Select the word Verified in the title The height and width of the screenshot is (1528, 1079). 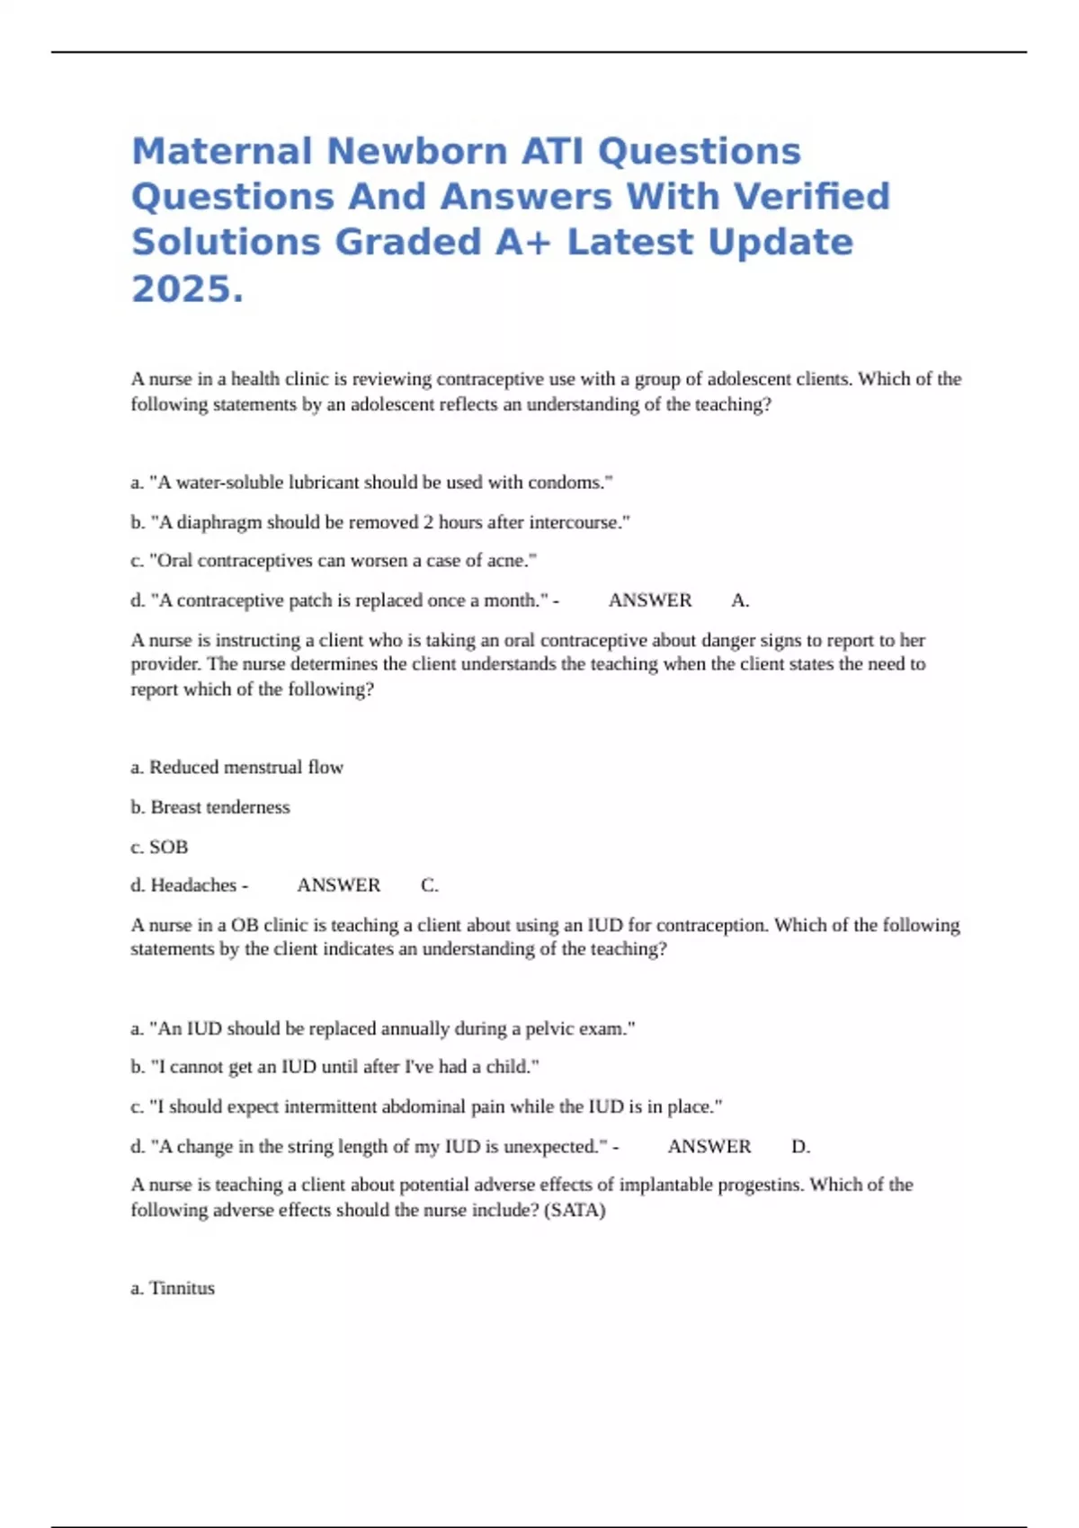pos(812,197)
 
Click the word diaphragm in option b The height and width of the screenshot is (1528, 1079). pos(219,522)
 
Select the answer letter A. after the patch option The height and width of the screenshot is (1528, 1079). pos(740,600)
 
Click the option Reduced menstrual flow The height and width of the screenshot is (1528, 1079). pos(237,768)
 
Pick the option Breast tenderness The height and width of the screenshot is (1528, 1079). pos(210,807)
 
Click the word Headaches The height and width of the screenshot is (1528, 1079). pos(193,885)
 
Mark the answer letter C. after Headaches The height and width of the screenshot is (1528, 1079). pos(430,885)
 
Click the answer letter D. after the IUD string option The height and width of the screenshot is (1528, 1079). pos(800,1147)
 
